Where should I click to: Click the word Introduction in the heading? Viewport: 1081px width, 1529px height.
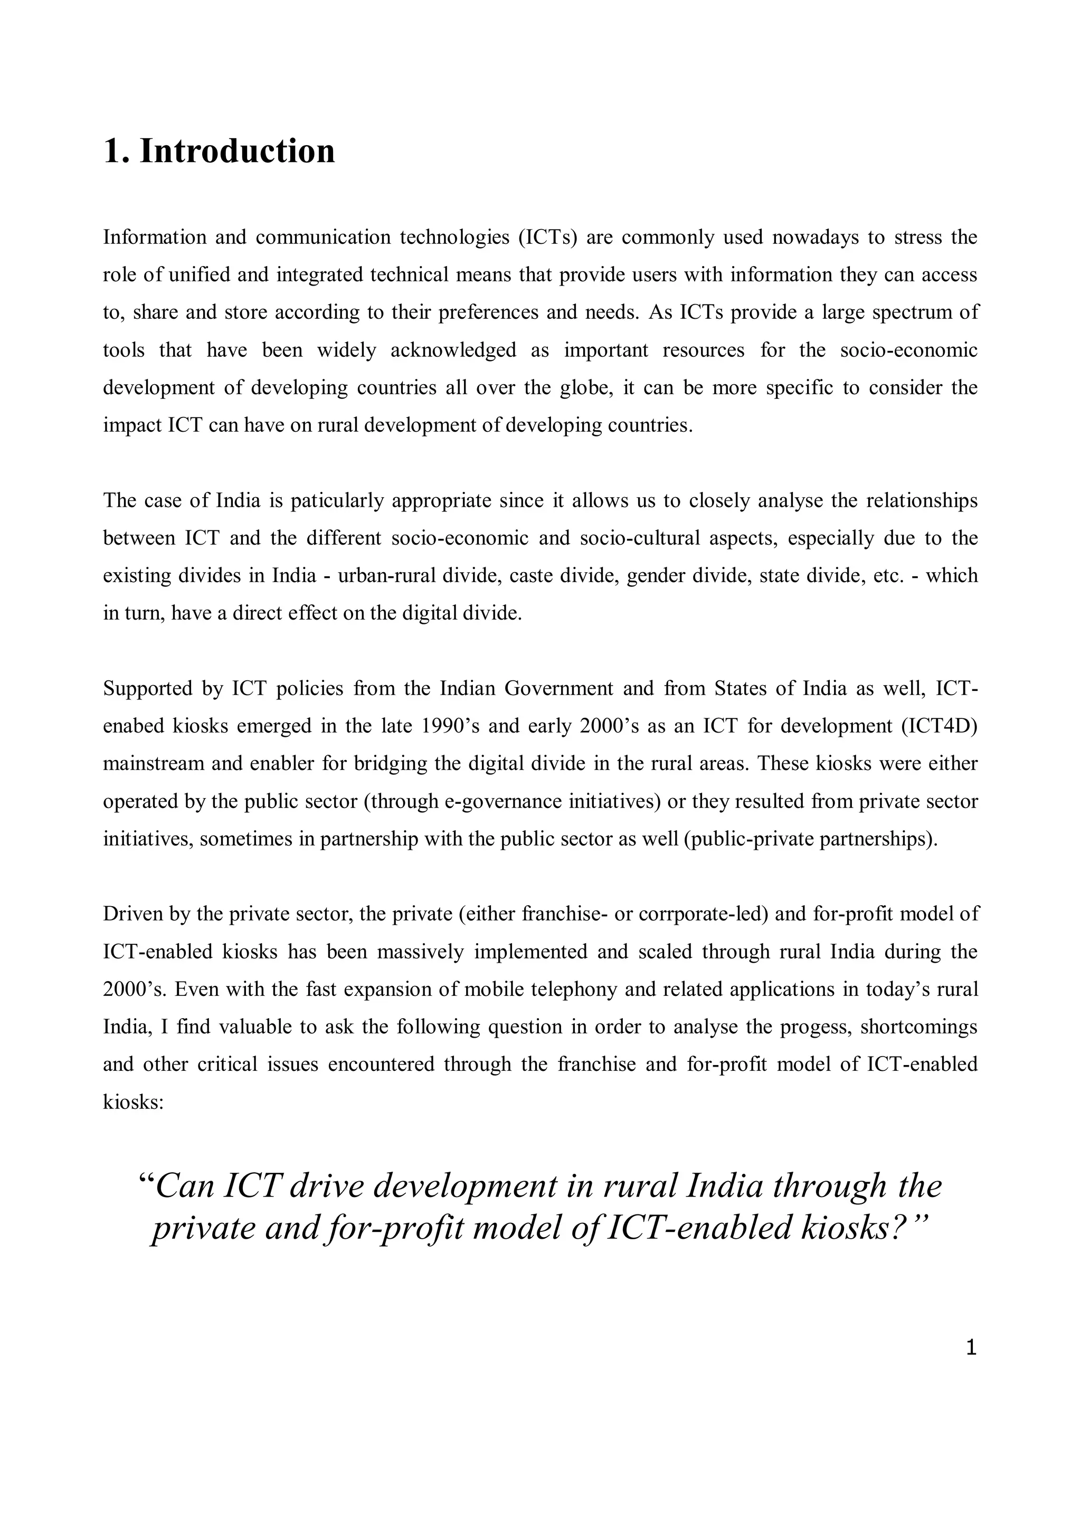pos(237,150)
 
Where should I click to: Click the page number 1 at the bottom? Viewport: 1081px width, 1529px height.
pos(971,1348)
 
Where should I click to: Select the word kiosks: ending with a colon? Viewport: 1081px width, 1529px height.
pos(133,1101)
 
